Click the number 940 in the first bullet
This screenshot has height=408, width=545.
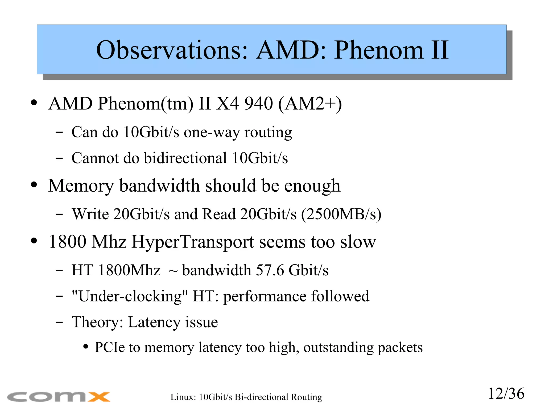(x=259, y=103)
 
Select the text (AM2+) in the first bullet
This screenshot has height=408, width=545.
(x=310, y=104)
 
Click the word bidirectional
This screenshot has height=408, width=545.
(x=185, y=158)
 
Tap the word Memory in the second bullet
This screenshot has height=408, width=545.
(x=81, y=186)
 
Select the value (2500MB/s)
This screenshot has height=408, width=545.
(x=341, y=214)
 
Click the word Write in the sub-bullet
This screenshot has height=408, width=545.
(x=90, y=214)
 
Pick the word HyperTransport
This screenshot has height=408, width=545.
(x=193, y=242)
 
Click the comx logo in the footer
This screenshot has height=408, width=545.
(x=59, y=397)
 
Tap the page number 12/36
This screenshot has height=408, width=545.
(x=506, y=394)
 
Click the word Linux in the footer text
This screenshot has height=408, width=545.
(x=183, y=397)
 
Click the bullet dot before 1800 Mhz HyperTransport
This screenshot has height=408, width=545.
(x=34, y=241)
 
